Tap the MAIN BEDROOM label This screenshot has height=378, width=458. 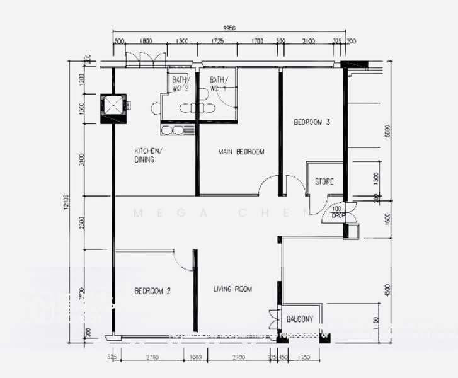(241, 152)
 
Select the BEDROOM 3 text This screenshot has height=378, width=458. (312, 122)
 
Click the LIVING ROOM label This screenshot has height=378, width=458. (232, 289)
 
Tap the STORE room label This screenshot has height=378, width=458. (324, 182)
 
